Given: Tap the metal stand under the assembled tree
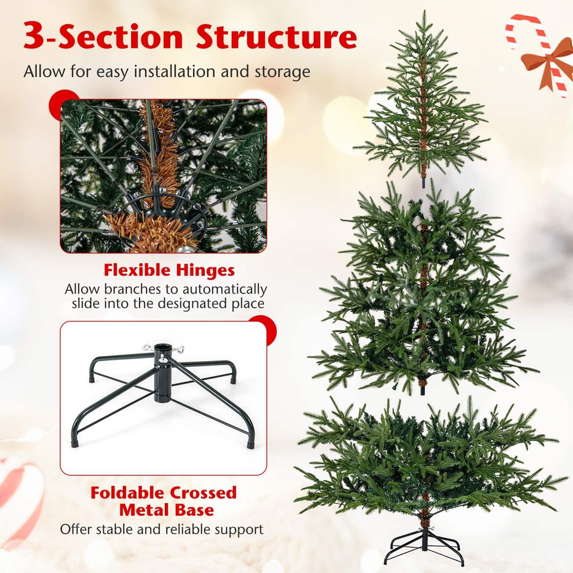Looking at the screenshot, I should (424, 548).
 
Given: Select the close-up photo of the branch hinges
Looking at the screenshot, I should (163, 176).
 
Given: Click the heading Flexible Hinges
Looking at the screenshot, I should (169, 271).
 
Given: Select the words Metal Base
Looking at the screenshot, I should (166, 509).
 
